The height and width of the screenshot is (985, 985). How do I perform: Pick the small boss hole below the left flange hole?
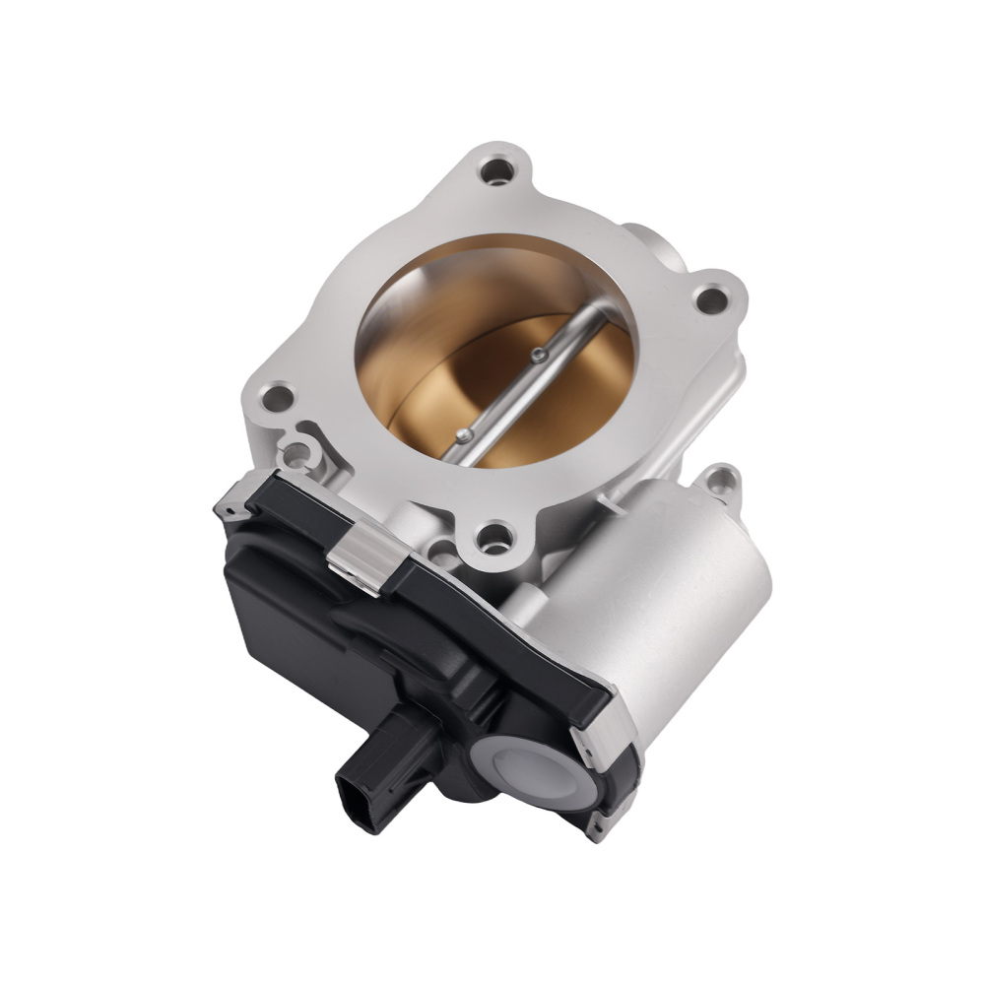coord(295,455)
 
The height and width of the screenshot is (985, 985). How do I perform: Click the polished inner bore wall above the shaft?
coord(443,295)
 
